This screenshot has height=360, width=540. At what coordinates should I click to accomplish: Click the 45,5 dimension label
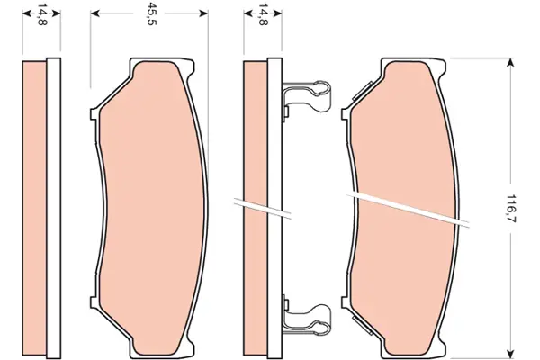[x=151, y=13]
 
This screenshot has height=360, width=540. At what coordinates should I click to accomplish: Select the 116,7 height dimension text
[x=511, y=209]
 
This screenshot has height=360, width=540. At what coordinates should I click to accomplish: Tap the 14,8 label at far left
[x=42, y=16]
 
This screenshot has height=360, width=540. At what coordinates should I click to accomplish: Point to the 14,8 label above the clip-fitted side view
[x=263, y=14]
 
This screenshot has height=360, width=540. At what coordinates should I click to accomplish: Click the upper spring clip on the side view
[x=307, y=97]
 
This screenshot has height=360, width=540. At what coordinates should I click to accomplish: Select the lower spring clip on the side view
[x=307, y=316]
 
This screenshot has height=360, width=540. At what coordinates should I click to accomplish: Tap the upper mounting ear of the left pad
[x=94, y=114]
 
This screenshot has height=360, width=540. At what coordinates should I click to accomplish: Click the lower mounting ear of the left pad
[x=94, y=302]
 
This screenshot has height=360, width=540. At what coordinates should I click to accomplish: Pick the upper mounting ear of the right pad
[x=346, y=114]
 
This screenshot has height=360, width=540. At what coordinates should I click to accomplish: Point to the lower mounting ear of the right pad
[x=346, y=302]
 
